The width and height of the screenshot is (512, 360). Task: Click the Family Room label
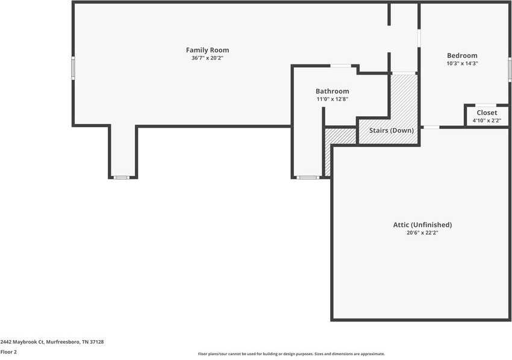tap(207, 50)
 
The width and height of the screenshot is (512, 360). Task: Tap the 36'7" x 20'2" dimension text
tap(207, 58)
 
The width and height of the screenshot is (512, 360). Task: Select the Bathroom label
tap(332, 91)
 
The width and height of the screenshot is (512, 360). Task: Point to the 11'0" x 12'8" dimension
tap(332, 99)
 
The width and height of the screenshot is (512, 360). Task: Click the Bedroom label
tap(462, 55)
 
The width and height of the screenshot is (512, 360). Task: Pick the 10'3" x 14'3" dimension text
tap(462, 63)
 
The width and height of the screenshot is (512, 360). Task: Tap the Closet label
tap(487, 113)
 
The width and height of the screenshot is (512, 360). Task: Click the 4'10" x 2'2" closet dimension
tap(487, 120)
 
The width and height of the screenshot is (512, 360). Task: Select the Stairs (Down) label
tap(391, 131)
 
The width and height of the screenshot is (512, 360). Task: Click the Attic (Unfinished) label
tap(422, 225)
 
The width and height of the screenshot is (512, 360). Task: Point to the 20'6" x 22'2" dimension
tap(422, 232)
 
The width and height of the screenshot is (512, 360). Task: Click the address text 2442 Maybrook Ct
tap(52, 342)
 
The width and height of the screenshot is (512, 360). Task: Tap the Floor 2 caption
tap(8, 352)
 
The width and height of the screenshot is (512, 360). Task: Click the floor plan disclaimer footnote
tap(291, 354)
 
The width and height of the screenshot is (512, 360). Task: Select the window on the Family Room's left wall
tap(73, 67)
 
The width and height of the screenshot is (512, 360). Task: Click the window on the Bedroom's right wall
tap(510, 69)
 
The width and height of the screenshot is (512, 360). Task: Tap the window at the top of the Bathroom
tap(341, 66)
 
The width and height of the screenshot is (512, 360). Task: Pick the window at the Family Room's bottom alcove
tap(122, 177)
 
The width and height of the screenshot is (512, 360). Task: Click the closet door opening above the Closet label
tap(485, 105)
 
